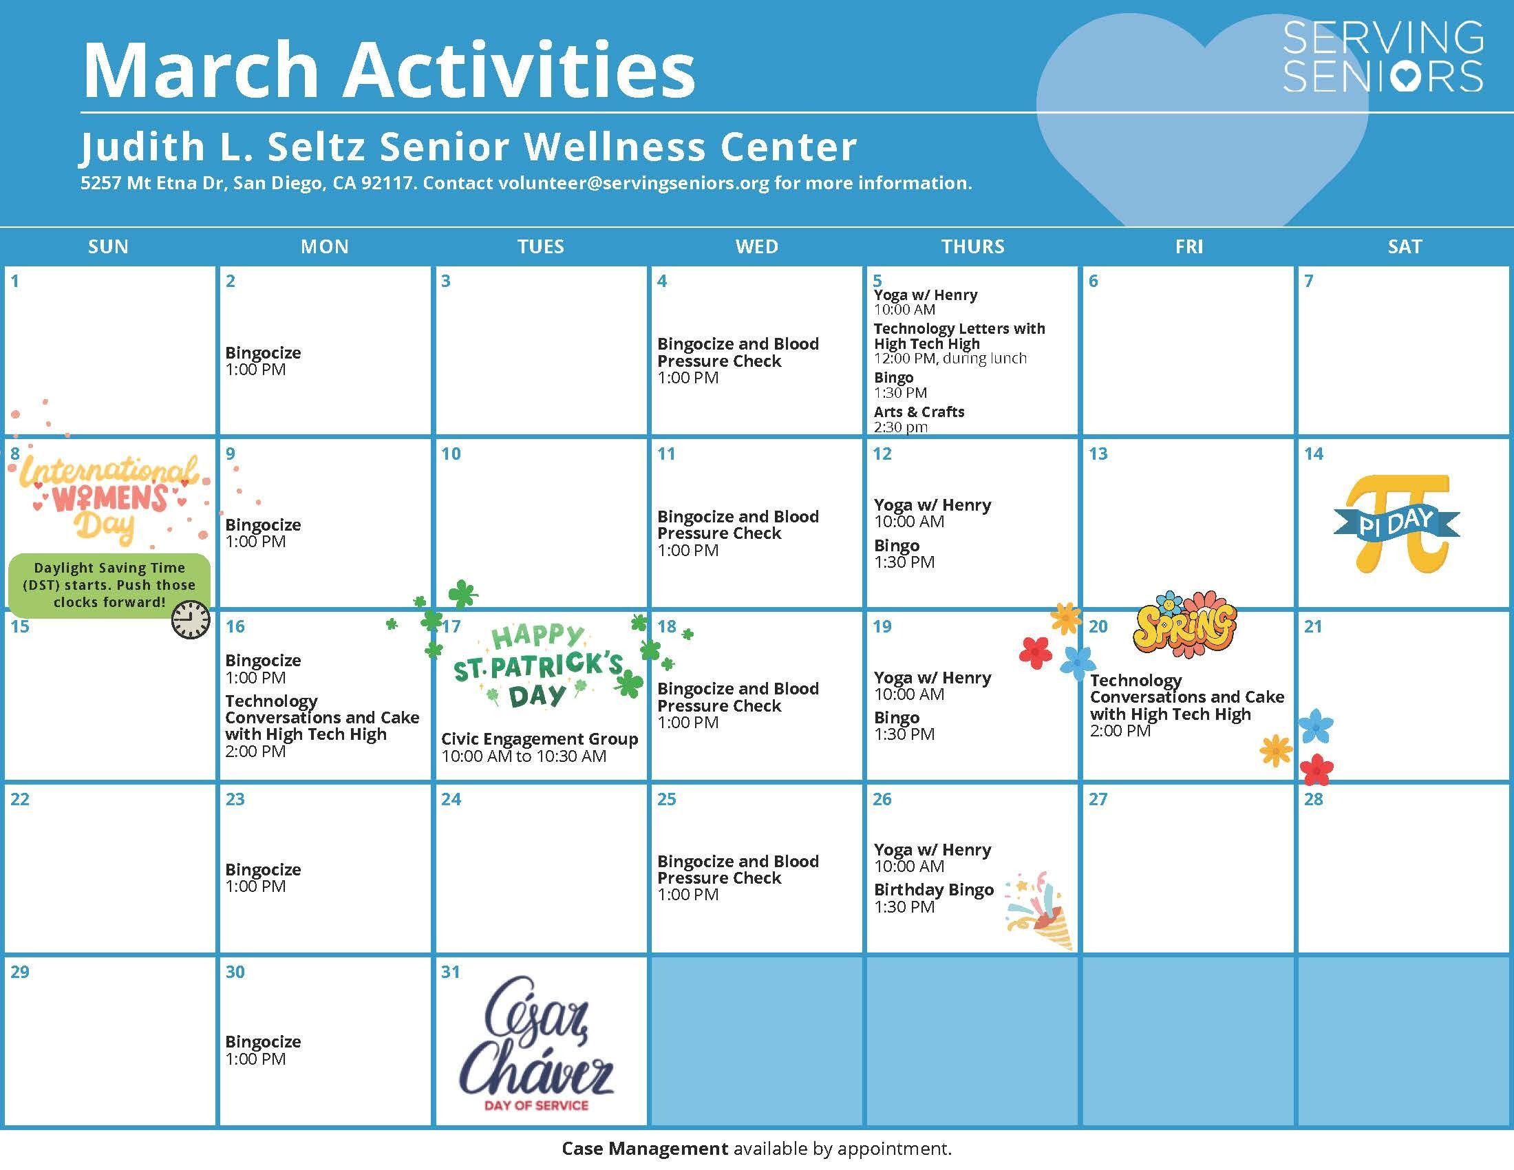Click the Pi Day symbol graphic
[x=1396, y=523]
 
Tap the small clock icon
[x=191, y=619]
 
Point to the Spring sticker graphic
[x=1185, y=623]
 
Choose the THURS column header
[x=972, y=246]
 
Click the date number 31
[x=451, y=972]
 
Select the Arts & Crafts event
[x=919, y=412]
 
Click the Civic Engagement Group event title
[x=540, y=739]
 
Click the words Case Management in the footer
[x=645, y=1149]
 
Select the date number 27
[x=1098, y=799]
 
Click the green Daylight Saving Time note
[x=109, y=584]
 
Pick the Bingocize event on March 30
[x=263, y=1041]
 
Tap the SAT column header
[x=1405, y=246]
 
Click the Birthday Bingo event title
[x=933, y=889]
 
